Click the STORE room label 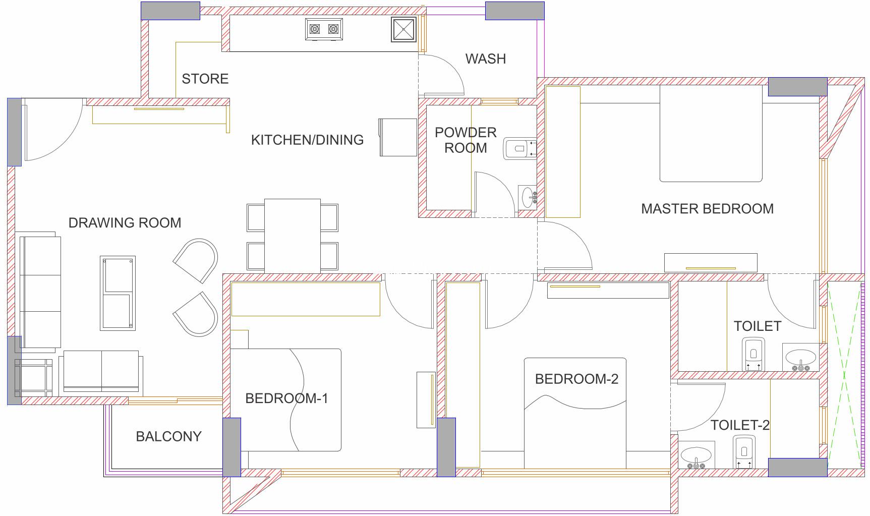tap(205, 79)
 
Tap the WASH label tap(485, 59)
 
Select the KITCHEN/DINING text tap(307, 140)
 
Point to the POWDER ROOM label tap(466, 140)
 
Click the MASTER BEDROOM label tap(707, 209)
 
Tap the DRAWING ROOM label tap(125, 223)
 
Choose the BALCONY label tap(168, 436)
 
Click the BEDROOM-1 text tap(286, 398)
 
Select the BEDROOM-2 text tap(576, 379)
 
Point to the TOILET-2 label tap(740, 425)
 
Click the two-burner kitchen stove tap(324, 29)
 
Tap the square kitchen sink tap(404, 30)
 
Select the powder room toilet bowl tap(519, 149)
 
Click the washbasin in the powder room tap(528, 197)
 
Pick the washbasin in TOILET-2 tap(697, 455)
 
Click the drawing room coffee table tap(118, 293)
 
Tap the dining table tap(293, 236)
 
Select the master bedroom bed tap(711, 134)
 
